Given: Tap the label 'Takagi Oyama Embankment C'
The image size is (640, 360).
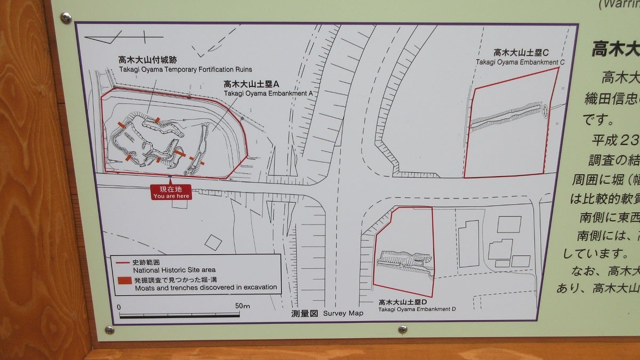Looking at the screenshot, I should click(520, 62).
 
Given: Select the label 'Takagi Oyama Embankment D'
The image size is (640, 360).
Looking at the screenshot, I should click(417, 309).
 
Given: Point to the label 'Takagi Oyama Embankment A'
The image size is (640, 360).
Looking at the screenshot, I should click(268, 93).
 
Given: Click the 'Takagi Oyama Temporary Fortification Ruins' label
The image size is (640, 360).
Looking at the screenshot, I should click(186, 70).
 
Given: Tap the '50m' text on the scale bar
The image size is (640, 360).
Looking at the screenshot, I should click(242, 306).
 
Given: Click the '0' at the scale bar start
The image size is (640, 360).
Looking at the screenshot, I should click(119, 307).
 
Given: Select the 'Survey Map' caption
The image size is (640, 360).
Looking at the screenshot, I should click(342, 313).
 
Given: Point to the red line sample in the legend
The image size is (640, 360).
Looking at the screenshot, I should click(124, 263).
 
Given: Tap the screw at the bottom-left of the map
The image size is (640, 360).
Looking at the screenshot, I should click(109, 330).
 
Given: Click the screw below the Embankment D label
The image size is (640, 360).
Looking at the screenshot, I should click(403, 330).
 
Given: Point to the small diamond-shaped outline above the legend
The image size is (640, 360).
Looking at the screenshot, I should click(212, 242).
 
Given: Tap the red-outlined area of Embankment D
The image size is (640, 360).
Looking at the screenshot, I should click(404, 251).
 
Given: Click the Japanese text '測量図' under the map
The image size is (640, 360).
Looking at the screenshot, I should click(305, 313).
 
